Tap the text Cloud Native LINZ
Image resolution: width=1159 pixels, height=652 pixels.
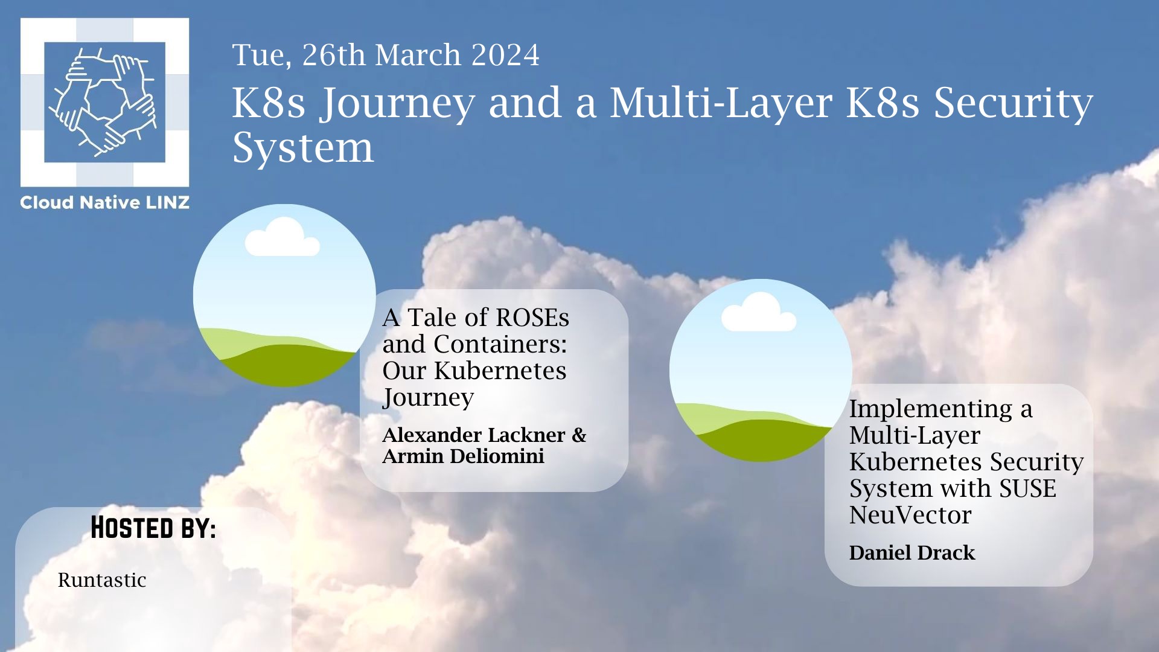[104, 203]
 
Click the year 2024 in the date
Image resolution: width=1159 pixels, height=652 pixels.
[505, 55]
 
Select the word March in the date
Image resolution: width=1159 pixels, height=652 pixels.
[418, 55]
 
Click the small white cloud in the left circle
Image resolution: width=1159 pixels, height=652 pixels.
[282, 237]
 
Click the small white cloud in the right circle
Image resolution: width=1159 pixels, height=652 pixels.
[759, 312]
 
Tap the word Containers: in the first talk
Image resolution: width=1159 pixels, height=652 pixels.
[500, 344]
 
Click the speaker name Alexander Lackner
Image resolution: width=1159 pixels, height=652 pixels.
[474, 435]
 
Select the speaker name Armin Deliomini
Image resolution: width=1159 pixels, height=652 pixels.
[463, 456]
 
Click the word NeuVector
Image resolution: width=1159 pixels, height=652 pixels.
[910, 515]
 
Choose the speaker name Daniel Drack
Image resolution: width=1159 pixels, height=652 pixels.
[912, 552]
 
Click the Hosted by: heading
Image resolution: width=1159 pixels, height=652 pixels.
[153, 528]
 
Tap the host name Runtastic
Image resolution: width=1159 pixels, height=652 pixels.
[102, 580]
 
